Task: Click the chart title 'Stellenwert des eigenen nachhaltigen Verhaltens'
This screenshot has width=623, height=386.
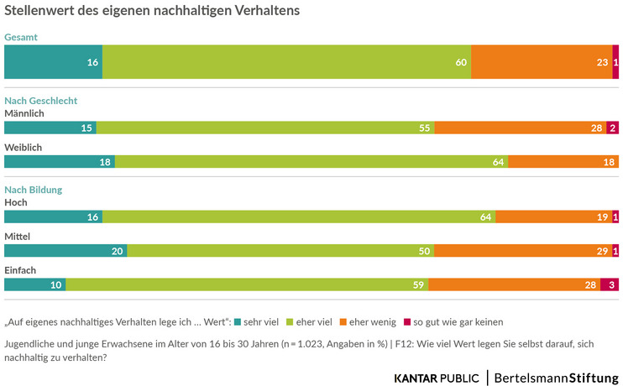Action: pyautogui.click(x=152, y=13)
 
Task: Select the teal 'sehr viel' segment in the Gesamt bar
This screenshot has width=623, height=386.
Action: pyautogui.click(x=53, y=62)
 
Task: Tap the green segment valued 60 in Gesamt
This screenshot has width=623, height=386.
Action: pyautogui.click(x=286, y=62)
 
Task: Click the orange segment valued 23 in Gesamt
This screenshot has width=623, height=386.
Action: pyautogui.click(x=542, y=62)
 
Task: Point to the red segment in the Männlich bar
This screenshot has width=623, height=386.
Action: pyautogui.click(x=613, y=128)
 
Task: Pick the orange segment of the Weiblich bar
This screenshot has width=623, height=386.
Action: pyautogui.click(x=563, y=162)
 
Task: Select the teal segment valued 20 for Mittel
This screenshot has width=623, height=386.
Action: pyautogui.click(x=65, y=251)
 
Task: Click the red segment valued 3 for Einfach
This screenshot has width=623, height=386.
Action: pyautogui.click(x=610, y=285)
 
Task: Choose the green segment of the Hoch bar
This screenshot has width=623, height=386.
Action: pyautogui.click(x=299, y=216)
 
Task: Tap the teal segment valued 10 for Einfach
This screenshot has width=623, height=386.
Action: pyautogui.click(x=35, y=285)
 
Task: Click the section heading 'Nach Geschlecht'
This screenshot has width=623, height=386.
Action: pyautogui.click(x=41, y=100)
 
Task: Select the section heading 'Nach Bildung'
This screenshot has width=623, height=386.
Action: pyautogui.click(x=34, y=190)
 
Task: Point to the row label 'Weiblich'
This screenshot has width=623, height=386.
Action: pyautogui.click(x=24, y=147)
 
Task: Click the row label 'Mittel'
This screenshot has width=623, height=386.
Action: pyautogui.click(x=18, y=237)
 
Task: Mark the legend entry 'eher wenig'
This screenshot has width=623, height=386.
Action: pyautogui.click(x=372, y=321)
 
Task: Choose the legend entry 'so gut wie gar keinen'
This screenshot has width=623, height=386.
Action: pyautogui.click(x=458, y=321)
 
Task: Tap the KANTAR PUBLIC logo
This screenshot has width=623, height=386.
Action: pyautogui.click(x=437, y=377)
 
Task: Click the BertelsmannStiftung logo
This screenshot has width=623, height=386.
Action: pyautogui.click(x=557, y=377)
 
